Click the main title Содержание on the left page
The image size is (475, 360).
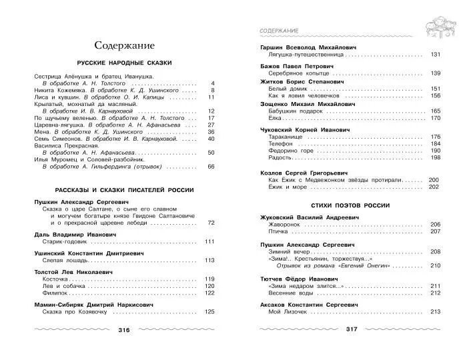click(124, 45)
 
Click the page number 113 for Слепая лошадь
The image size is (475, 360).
click(209, 261)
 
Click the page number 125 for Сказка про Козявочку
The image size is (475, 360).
click(209, 311)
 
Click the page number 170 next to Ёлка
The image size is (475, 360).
click(436, 118)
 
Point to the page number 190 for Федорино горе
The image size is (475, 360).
click(436, 151)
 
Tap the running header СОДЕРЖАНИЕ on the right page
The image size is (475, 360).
click(279, 31)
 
